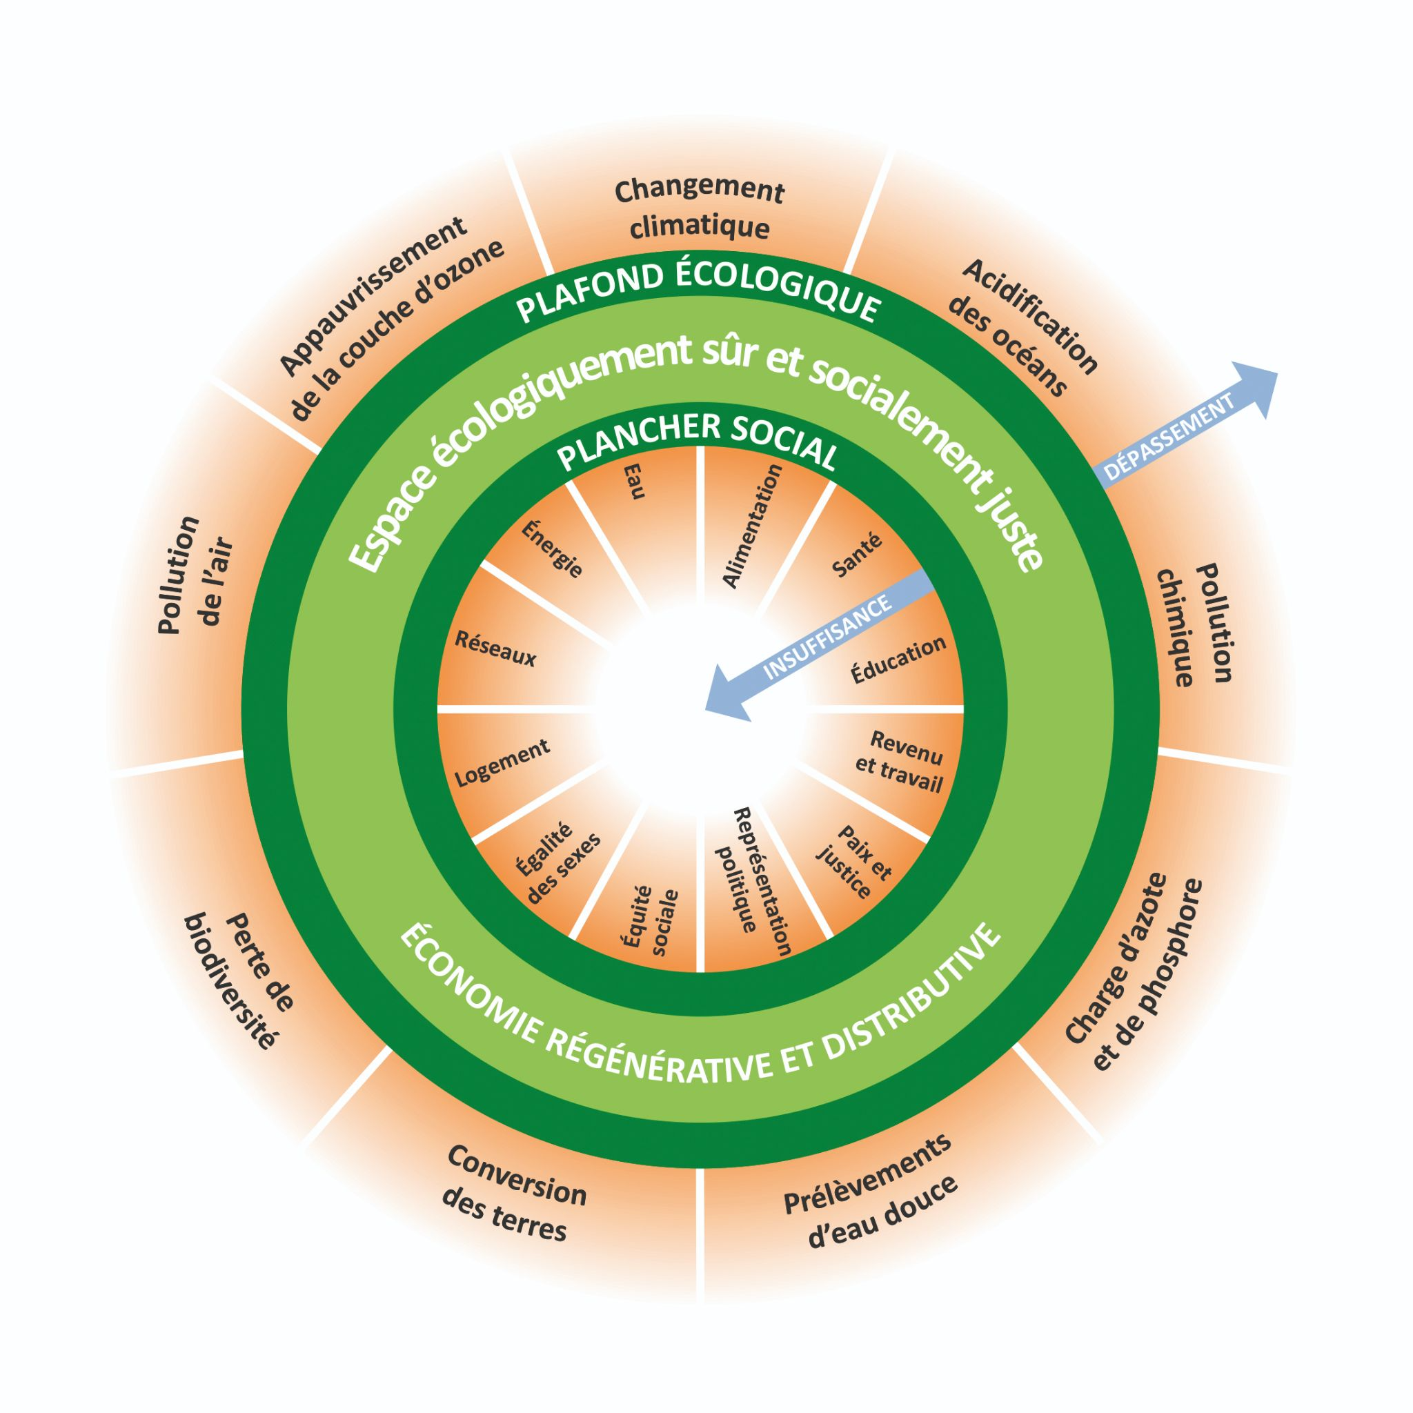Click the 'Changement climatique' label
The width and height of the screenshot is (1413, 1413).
(x=698, y=209)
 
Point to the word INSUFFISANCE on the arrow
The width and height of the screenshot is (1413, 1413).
(x=827, y=637)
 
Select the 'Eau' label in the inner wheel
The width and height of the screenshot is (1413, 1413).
(x=636, y=482)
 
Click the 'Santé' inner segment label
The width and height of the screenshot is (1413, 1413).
(x=857, y=555)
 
